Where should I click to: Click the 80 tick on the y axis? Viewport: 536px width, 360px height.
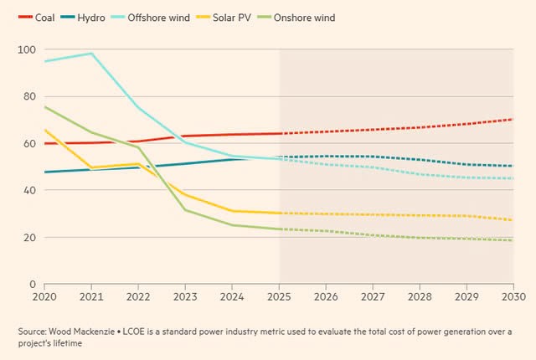[29, 97]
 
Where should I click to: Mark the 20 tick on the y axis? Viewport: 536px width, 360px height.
[29, 238]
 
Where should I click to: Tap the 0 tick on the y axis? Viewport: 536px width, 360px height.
[32, 285]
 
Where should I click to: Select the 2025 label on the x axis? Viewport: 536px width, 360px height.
[279, 297]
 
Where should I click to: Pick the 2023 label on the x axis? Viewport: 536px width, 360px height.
[186, 297]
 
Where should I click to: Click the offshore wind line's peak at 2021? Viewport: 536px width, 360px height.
[91, 54]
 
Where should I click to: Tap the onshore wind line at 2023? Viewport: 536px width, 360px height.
[185, 209]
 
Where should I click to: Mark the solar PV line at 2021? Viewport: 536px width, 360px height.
[91, 167]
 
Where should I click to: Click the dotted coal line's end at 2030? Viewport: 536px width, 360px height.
[512, 119]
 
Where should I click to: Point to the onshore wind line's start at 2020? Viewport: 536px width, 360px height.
[45, 107]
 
